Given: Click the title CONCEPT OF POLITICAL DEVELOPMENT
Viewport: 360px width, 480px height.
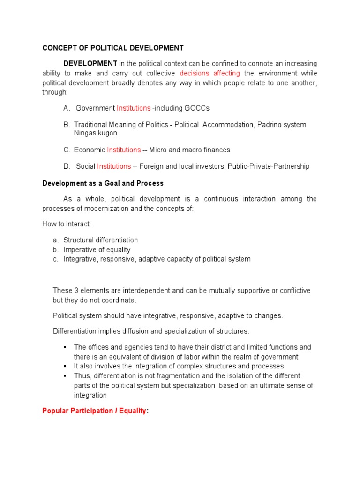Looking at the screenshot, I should (113, 48).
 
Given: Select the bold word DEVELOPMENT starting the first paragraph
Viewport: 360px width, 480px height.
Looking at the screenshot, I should (90, 63).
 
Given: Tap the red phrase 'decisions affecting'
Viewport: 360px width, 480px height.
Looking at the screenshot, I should (210, 73).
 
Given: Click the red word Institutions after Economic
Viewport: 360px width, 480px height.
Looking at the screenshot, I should (124, 150).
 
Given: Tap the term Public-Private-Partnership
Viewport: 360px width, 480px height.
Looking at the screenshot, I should (268, 166).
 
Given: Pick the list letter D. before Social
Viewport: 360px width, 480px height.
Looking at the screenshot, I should (67, 166).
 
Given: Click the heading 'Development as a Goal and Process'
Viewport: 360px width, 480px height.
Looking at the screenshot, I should (103, 183).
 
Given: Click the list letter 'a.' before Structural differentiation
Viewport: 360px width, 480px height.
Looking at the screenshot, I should (56, 240).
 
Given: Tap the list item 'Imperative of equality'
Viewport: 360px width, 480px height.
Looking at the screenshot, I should (97, 249).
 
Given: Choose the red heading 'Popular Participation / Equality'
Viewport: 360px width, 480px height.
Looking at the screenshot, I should (94, 411).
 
